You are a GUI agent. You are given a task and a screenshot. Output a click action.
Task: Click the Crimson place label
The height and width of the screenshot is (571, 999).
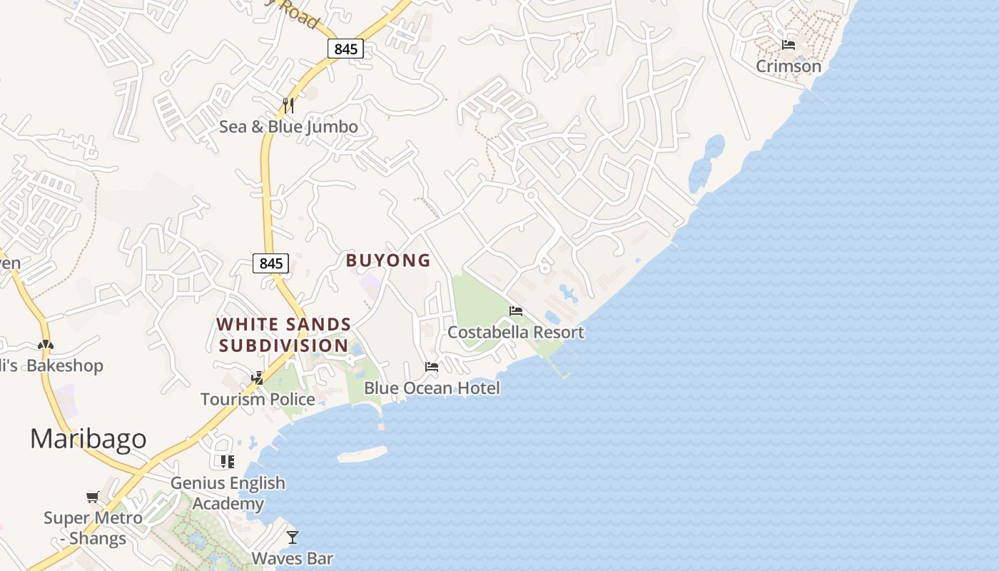788,66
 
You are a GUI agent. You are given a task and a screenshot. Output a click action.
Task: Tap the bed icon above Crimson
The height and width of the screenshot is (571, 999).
788,44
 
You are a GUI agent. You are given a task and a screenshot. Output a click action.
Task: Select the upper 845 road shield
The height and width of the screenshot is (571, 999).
346,49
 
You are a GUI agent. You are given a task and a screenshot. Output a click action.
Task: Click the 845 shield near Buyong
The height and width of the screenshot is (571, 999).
270,263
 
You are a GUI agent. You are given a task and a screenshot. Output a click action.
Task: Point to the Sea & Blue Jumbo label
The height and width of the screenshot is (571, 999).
288,127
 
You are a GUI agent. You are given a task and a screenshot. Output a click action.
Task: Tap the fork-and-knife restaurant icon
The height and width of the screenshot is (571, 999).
288,105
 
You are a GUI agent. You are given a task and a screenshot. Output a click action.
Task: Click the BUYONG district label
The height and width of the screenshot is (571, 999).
388,261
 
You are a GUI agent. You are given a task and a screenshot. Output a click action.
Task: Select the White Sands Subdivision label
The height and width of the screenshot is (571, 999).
284,335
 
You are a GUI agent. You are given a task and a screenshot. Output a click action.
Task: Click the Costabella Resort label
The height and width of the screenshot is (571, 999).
515,332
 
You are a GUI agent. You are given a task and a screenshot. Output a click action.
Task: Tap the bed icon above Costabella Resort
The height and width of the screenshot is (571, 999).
516,310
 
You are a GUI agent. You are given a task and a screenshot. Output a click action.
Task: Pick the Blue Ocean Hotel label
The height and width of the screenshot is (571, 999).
432,388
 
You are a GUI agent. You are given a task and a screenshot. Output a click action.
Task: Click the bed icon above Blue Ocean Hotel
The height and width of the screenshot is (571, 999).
432,367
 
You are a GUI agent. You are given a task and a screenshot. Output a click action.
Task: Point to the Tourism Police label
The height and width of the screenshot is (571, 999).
258,399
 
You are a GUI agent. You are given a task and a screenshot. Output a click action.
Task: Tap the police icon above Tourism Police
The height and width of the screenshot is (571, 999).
257,378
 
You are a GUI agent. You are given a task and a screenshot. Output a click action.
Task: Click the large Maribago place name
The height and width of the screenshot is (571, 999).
88,438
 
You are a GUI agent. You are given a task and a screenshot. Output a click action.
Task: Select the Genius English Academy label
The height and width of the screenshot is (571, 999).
228,493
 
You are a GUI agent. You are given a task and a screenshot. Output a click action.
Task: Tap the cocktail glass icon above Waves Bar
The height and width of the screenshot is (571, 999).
292,537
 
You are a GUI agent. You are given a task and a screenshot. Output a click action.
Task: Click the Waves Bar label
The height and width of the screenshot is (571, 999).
292,557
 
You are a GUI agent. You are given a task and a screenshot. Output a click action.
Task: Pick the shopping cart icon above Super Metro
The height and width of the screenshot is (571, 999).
93,497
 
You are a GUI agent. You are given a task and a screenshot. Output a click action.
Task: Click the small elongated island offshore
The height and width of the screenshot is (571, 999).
362,454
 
